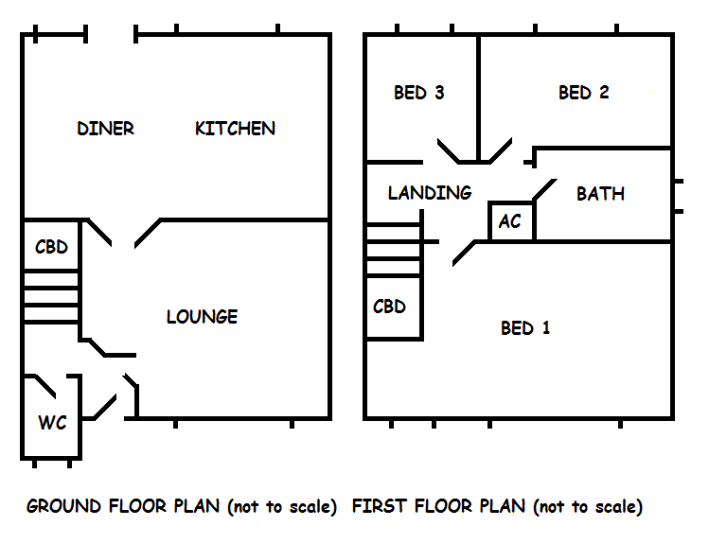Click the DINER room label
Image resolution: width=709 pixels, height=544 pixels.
(105, 129)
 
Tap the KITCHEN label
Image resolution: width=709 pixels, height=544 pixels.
(235, 129)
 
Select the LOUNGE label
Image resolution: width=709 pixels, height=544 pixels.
(202, 317)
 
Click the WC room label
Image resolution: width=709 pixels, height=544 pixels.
(52, 423)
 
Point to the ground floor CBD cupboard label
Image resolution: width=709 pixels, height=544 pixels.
(51, 248)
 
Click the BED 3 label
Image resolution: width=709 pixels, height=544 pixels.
(418, 93)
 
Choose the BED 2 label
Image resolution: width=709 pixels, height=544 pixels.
(583, 93)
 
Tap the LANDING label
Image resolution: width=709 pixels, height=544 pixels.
(430, 193)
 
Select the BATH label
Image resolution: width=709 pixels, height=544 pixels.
(600, 194)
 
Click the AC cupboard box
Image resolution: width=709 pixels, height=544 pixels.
(511, 221)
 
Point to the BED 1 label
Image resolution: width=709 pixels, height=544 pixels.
(525, 328)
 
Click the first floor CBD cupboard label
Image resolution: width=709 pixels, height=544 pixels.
(389, 307)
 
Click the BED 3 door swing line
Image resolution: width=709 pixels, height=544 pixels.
(452, 152)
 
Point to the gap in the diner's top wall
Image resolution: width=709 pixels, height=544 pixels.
(112, 36)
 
